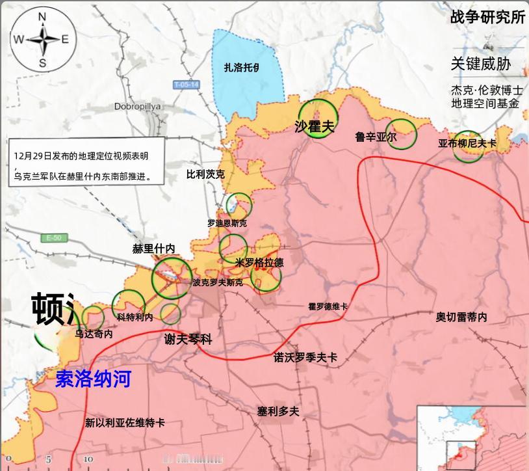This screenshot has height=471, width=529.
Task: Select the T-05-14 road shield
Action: coord(187,85)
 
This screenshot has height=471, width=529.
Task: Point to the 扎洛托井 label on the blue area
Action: coord(242,67)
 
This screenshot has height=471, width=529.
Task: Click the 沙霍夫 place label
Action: coord(314,126)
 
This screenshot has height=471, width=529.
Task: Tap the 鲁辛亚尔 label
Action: coord(376,137)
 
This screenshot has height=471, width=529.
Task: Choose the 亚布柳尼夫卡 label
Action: coord(467,143)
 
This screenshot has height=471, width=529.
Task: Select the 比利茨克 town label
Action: coord(205,174)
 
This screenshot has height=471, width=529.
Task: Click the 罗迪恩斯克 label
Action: coord(227,223)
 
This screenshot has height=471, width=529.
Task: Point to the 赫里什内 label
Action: coord(154,249)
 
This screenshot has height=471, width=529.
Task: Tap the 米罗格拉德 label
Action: coord(259,263)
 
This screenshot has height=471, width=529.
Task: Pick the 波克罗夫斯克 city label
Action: coord(218,283)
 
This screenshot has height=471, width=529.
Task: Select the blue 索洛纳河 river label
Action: coord(93,379)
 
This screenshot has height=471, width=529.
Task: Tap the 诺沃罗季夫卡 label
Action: coord(305,357)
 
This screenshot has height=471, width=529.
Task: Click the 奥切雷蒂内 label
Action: coord(461,317)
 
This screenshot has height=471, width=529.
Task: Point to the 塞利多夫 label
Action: coord(277,411)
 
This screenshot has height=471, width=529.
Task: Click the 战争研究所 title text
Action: coord(487,18)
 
